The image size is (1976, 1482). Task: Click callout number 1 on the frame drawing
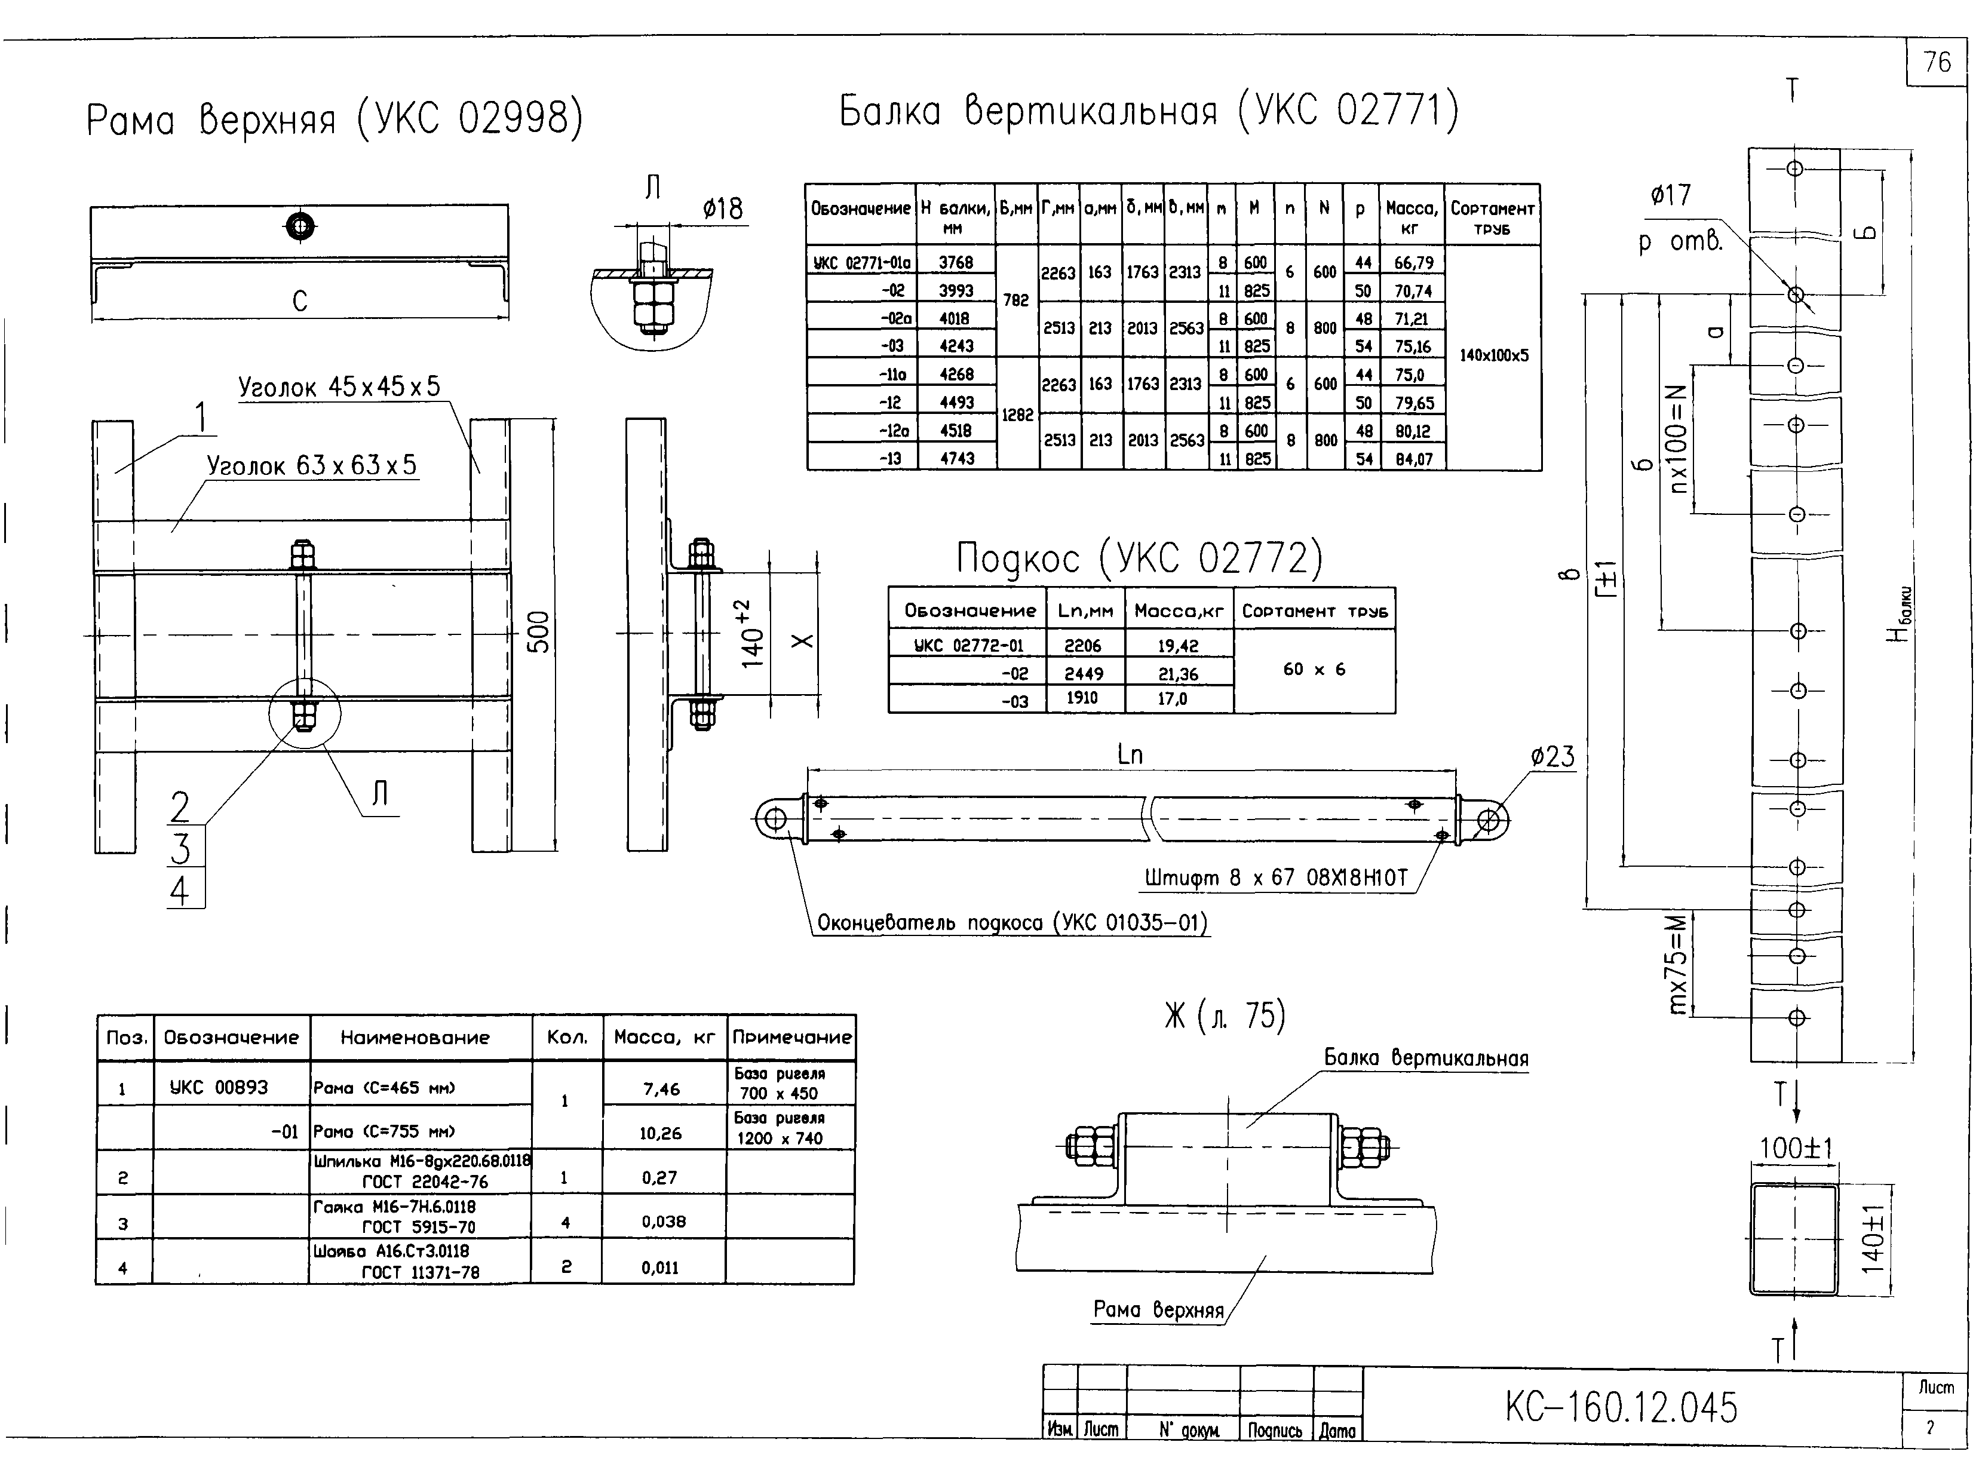(202, 417)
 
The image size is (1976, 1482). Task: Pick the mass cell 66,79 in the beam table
(1412, 263)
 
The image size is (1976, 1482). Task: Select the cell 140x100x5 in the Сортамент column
(1493, 355)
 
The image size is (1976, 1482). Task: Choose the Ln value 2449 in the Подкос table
(1084, 674)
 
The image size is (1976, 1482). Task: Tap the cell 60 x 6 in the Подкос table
(1314, 669)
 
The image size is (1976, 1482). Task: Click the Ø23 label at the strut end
(1552, 757)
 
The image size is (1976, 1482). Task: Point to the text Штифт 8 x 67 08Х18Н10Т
(1276, 877)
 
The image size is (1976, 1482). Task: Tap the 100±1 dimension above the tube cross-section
(1796, 1148)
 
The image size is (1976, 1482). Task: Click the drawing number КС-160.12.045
(1621, 1408)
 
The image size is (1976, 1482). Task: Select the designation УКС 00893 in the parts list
(219, 1087)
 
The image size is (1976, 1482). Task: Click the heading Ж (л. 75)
(1224, 1015)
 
